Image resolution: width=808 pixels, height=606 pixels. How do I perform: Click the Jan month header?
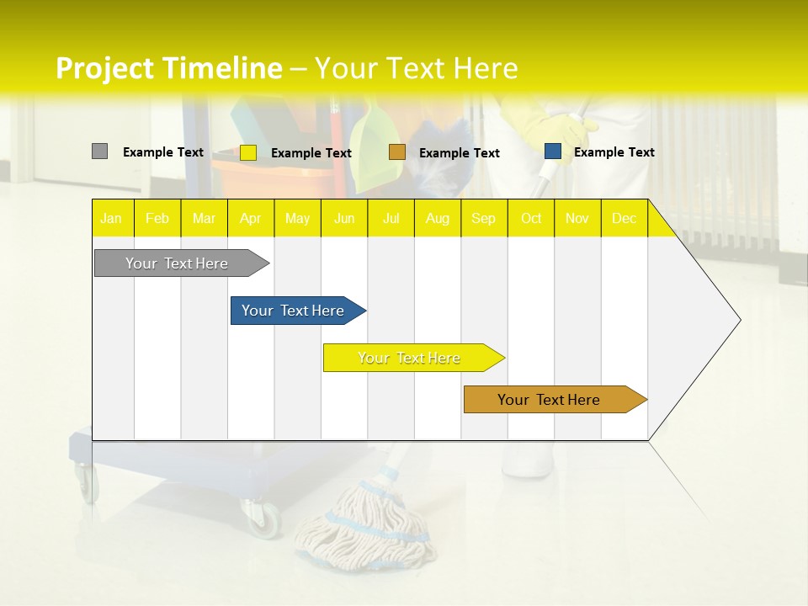111,218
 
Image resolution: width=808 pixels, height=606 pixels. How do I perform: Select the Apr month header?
251,218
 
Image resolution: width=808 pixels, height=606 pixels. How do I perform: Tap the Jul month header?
391,218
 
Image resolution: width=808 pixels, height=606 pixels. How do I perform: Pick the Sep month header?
483,218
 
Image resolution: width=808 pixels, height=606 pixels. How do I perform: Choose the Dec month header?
624,218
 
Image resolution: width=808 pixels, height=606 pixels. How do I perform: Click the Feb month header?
157,218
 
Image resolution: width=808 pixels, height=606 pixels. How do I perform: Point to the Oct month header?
531,218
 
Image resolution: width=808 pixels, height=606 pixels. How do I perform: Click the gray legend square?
99,151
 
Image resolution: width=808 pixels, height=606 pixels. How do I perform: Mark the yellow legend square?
248,152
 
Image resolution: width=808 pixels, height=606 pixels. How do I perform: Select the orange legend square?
397,152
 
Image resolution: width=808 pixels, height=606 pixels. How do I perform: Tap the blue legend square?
553,151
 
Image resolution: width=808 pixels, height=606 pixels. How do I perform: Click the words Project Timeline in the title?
168,68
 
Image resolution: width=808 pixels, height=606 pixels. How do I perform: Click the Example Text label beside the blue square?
614,152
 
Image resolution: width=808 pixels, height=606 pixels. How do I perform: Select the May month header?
297,218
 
